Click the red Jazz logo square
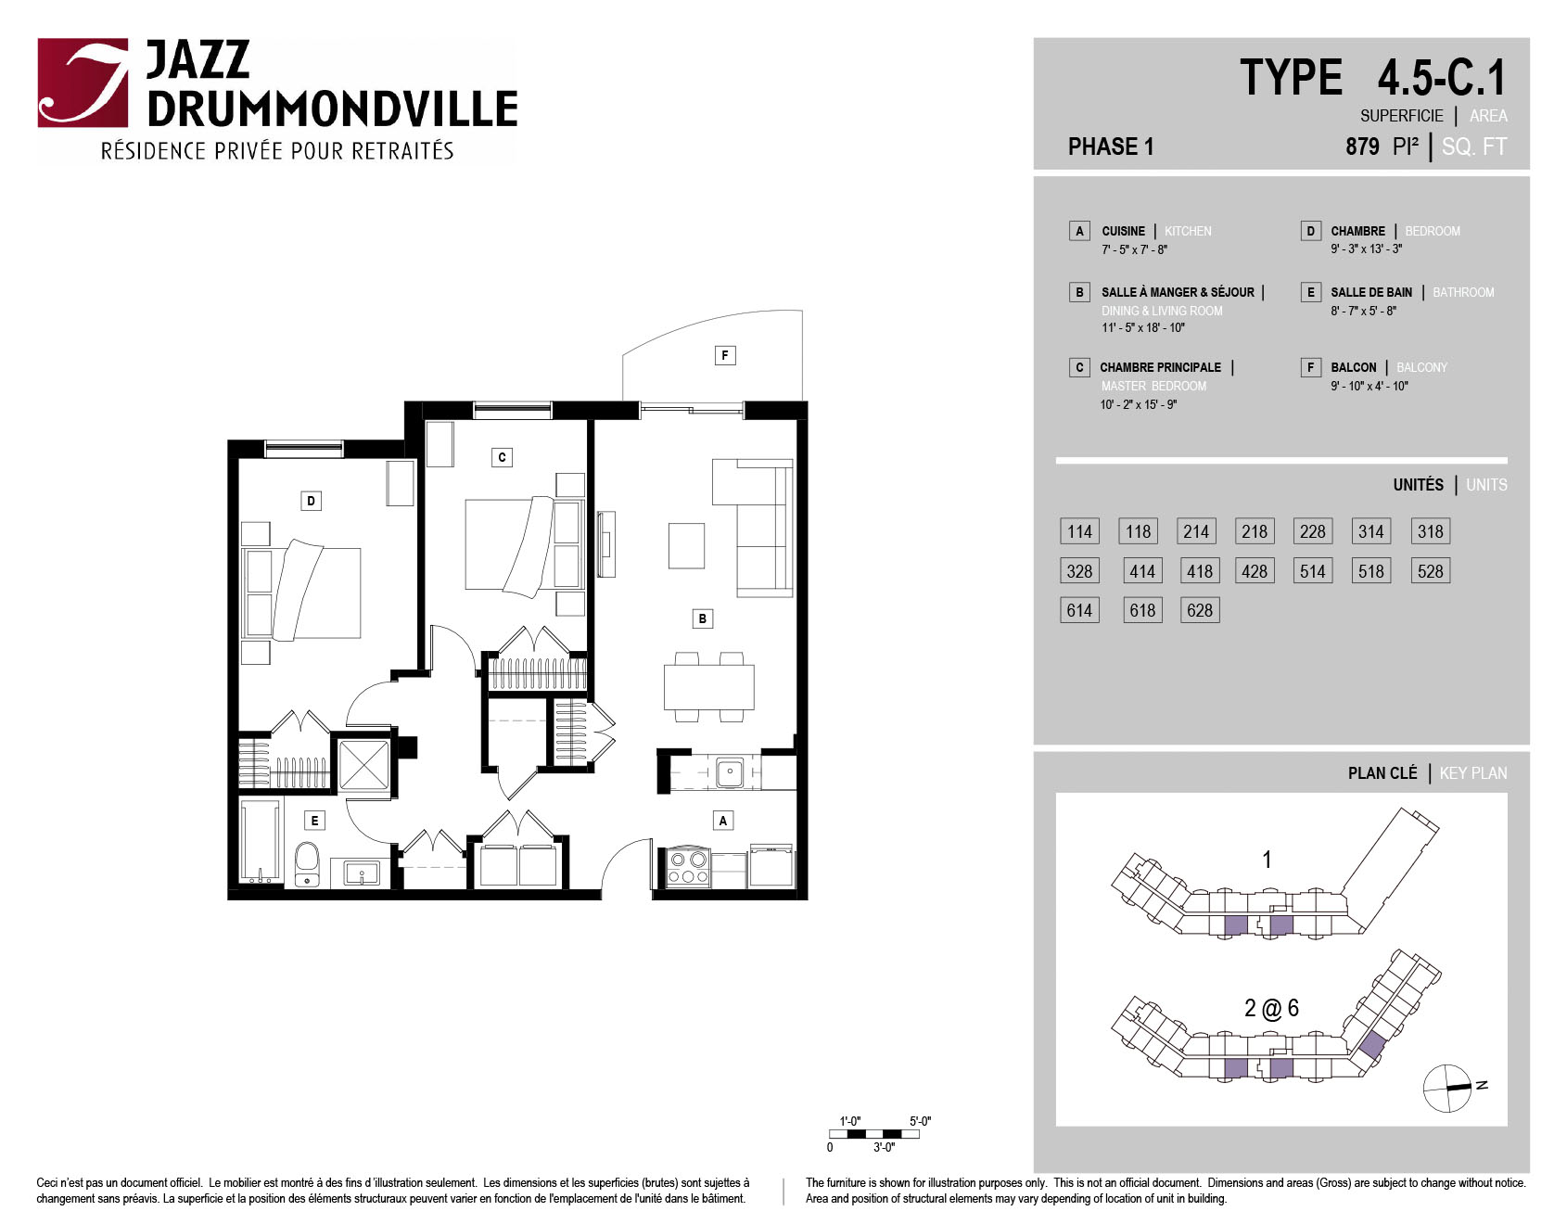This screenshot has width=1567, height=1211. pos(83,83)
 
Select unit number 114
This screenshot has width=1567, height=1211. pos(1079,531)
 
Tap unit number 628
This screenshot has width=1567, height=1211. pos(1200,610)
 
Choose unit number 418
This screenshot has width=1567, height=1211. pos(1200,571)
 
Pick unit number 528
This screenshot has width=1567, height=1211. pos(1430,571)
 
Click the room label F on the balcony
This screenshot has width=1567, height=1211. pos(725,355)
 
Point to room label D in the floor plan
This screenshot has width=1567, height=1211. pos(311,501)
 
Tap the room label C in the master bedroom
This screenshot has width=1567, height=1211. pos(502,457)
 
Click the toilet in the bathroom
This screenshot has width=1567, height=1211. pos(307,864)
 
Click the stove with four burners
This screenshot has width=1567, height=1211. pos(688,868)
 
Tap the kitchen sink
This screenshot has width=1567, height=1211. pos(730,771)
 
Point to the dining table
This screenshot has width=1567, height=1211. pos(708,687)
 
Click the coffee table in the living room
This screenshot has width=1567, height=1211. pos(686,545)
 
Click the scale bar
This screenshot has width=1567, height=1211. pos(874,1134)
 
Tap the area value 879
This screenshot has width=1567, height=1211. pos(1362,147)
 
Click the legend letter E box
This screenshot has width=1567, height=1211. pos(1310,292)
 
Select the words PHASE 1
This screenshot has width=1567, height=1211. pos(1111,147)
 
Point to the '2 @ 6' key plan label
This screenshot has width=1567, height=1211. pos(1271,1008)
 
